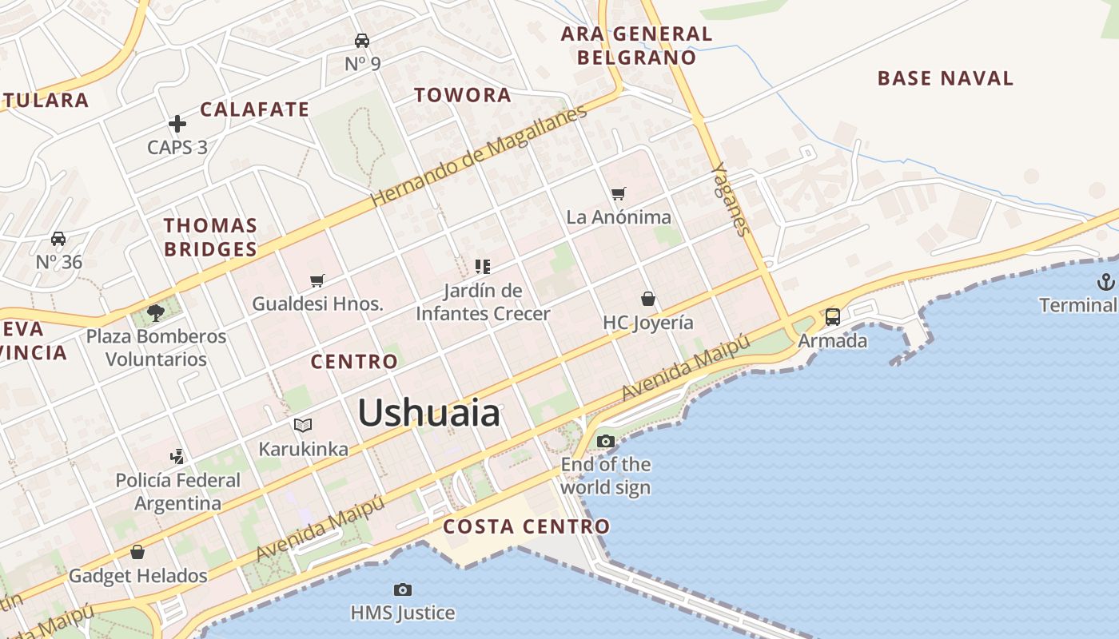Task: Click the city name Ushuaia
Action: click(x=428, y=413)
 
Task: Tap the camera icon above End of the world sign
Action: click(x=606, y=441)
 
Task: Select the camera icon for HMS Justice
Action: click(x=403, y=589)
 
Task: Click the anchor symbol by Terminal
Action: click(x=1105, y=281)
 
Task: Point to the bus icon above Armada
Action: click(x=832, y=316)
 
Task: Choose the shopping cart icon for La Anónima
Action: click(x=618, y=193)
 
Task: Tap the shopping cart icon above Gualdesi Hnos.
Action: click(x=317, y=280)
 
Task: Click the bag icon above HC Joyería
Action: click(x=648, y=299)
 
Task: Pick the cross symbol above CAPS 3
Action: click(x=177, y=124)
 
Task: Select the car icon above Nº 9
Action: click(x=362, y=40)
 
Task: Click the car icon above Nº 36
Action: click(x=58, y=238)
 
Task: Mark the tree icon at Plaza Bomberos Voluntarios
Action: click(x=156, y=313)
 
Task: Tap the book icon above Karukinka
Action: click(x=303, y=425)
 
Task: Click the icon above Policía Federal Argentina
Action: click(x=177, y=457)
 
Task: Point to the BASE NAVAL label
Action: click(x=945, y=78)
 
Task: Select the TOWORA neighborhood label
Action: click(x=462, y=95)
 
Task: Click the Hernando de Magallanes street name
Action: click(x=480, y=156)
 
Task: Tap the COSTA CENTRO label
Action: click(x=526, y=526)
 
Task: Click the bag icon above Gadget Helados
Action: click(x=137, y=552)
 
